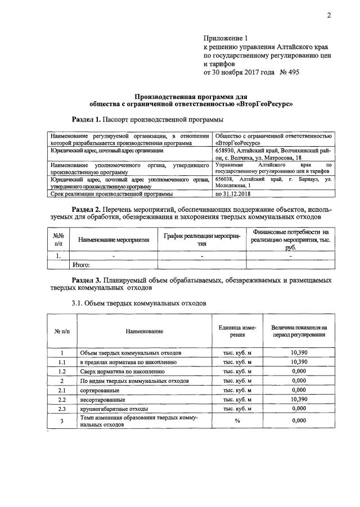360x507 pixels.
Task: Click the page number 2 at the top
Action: pos(329,16)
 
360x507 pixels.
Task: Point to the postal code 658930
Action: pos(226,151)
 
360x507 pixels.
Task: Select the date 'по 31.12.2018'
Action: pos(233,194)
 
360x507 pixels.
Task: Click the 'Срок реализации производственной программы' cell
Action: pos(111,194)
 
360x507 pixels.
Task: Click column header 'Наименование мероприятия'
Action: pos(114,240)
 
